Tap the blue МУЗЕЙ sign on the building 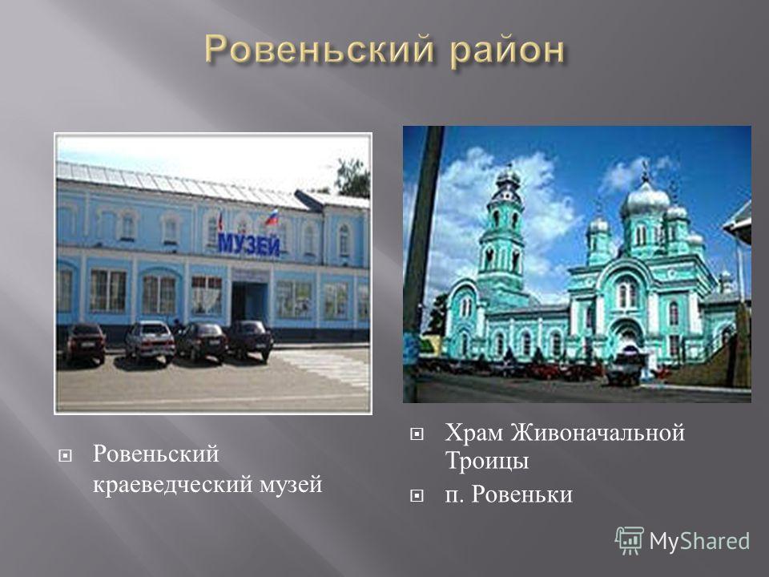tap(248, 244)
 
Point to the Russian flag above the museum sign tap(272, 216)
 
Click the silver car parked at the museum tap(150, 341)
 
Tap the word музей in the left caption tap(290, 485)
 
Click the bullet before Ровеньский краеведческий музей tap(65, 456)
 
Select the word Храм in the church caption tap(473, 433)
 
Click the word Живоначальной tap(598, 433)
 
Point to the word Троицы tap(486, 462)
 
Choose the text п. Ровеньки tap(509, 494)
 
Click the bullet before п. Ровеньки tap(417, 496)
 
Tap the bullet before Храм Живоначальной tap(417, 434)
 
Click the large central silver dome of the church tap(644, 200)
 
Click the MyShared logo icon tap(629, 541)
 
